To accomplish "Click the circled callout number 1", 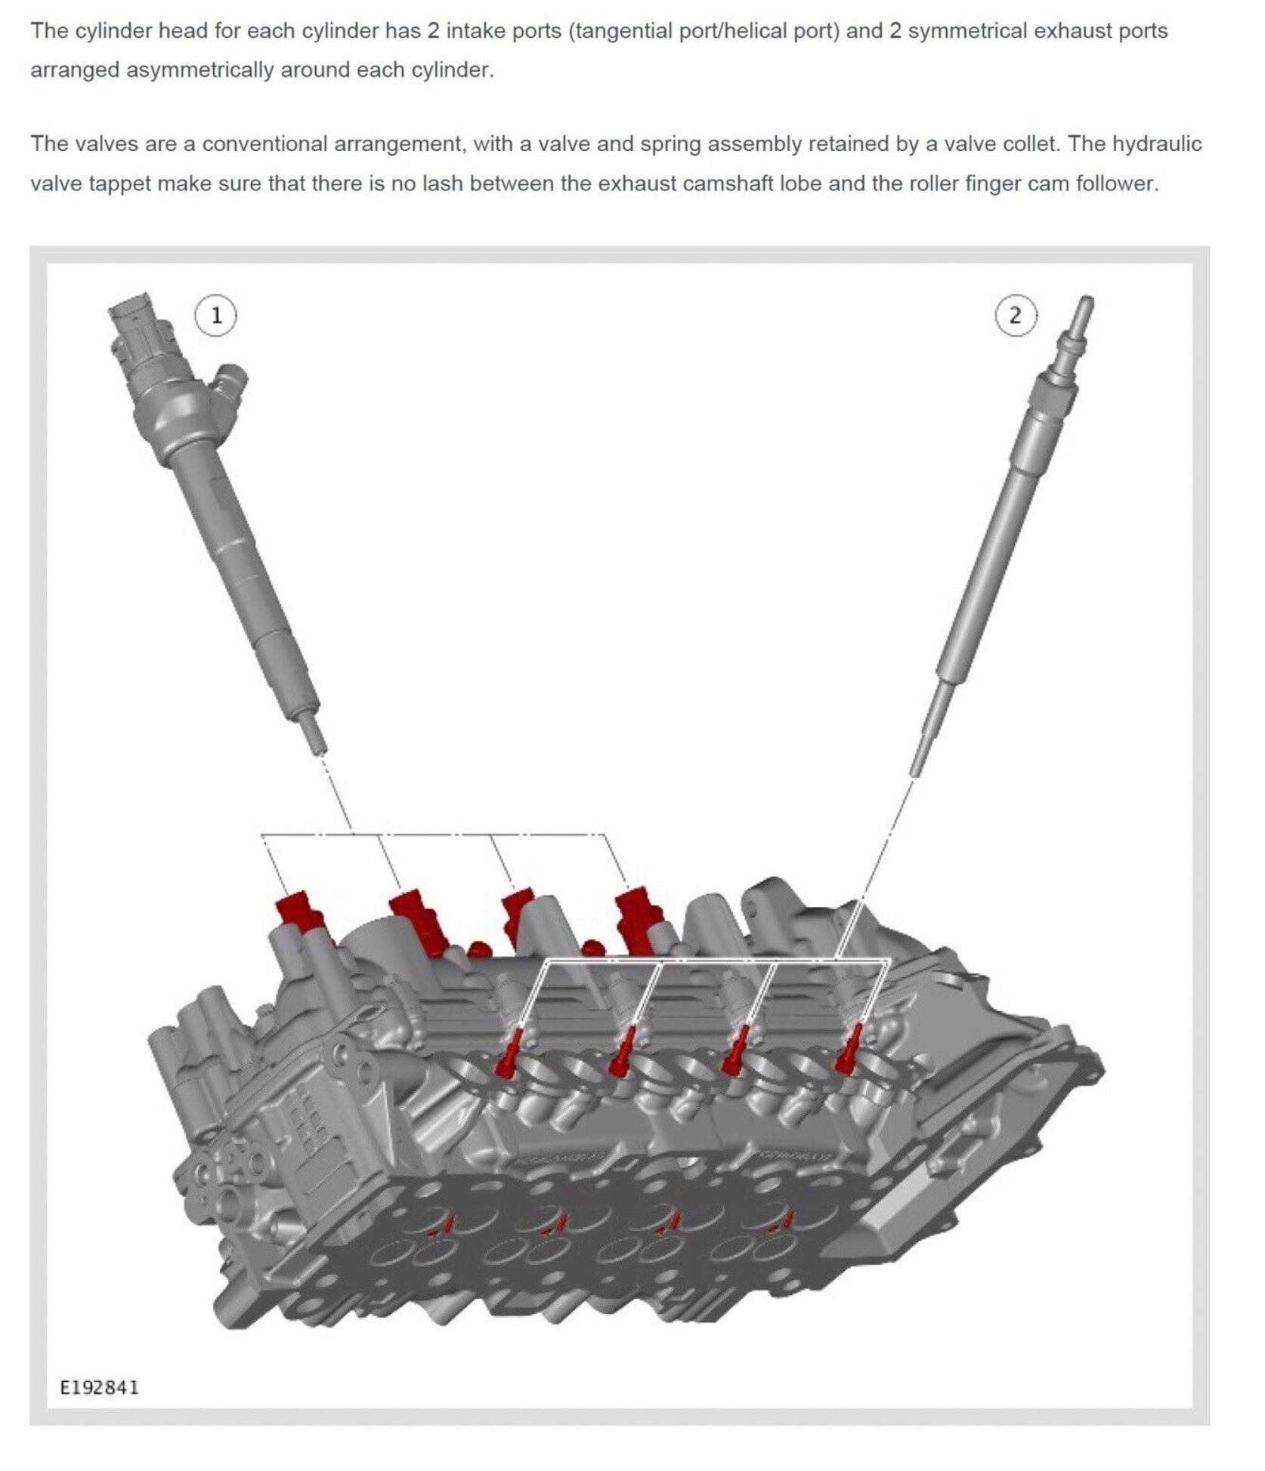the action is (x=216, y=316).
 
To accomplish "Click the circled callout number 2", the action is (x=1015, y=316).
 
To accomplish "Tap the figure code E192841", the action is (x=100, y=1387).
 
